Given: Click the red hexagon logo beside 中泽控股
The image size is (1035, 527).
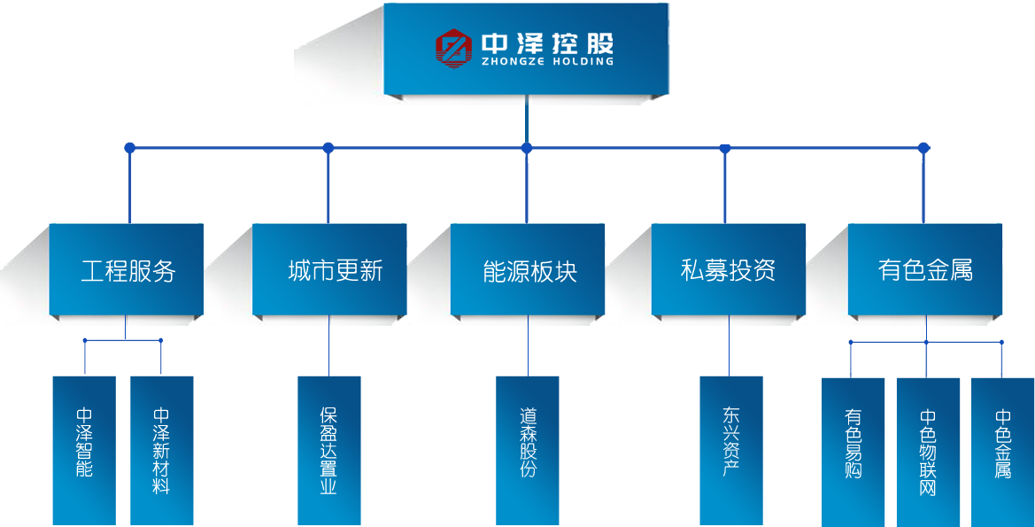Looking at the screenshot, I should tap(453, 48).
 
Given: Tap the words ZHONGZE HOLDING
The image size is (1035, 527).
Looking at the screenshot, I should tap(547, 62).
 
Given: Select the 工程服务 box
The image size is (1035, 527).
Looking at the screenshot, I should tap(127, 270).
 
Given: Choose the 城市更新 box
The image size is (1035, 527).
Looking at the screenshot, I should tap(330, 270).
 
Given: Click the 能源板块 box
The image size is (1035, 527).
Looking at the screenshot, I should tap(529, 270).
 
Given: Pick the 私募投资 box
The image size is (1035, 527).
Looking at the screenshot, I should tap(729, 270).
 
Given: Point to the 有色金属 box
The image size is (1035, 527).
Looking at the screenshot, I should tap(925, 270).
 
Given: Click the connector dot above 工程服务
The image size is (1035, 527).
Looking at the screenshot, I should tap(129, 147).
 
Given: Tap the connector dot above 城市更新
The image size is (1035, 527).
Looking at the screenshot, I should tap(328, 147).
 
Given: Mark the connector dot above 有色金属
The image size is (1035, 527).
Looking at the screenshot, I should tap(923, 147).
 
